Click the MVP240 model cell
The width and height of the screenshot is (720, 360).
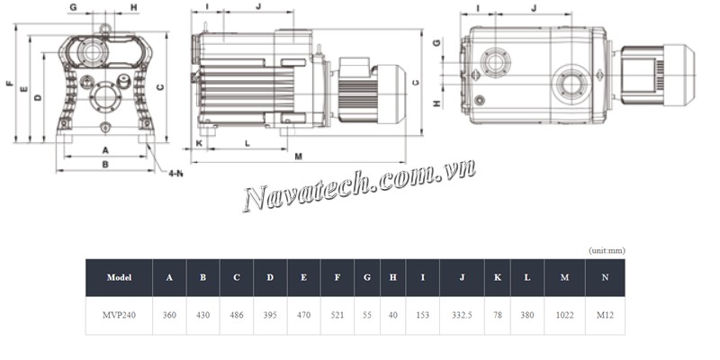point(119,316)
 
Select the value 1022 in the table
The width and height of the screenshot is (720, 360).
point(564,316)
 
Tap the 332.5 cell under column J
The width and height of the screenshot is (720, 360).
point(462,316)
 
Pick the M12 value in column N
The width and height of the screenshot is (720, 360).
point(605,316)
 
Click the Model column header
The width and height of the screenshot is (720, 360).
point(119,277)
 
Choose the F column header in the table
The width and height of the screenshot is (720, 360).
point(337,277)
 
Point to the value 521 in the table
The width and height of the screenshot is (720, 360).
point(337,316)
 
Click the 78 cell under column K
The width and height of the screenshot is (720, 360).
point(498,316)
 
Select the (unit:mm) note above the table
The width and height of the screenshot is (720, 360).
point(607,251)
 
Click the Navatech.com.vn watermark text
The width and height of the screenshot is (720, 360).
point(359,186)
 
